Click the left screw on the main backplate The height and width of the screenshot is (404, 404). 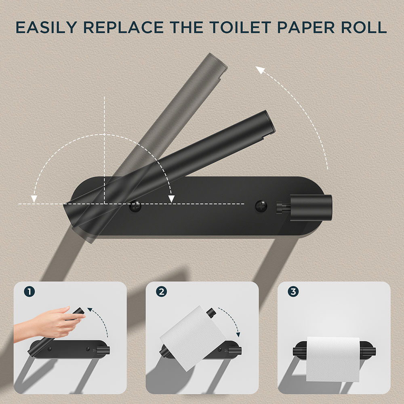pos(135,206)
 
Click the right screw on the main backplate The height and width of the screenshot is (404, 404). pos(261,206)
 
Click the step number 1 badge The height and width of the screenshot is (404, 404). pos(29,291)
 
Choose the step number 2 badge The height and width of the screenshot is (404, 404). pos(161,291)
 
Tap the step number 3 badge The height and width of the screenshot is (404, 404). pos(293,291)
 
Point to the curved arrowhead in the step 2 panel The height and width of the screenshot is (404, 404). pos(238,334)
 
